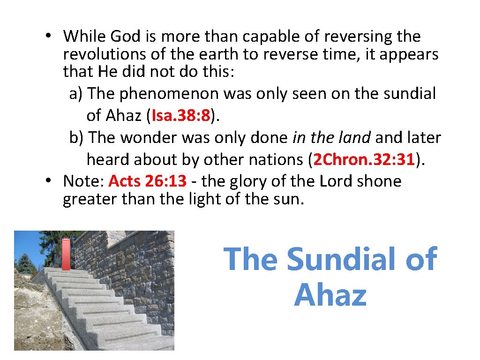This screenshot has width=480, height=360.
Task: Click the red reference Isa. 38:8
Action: coord(180,115)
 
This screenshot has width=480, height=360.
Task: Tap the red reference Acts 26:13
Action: coord(148,181)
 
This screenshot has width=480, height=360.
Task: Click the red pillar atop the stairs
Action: coord(66,254)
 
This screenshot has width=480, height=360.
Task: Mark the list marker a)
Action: coord(76,94)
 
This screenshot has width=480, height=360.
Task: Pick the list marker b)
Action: coord(76,138)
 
